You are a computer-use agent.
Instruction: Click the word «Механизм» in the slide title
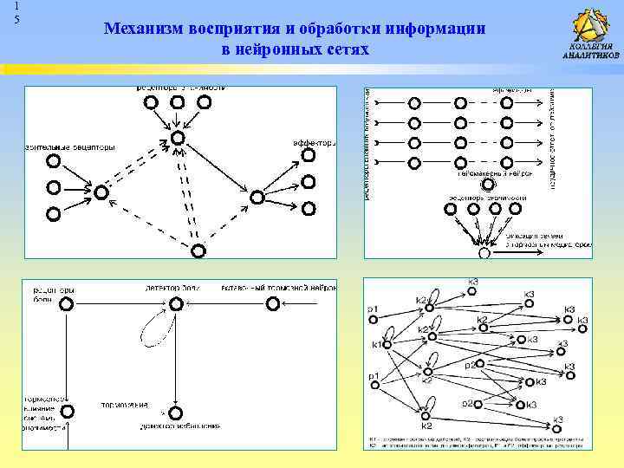pos(142,29)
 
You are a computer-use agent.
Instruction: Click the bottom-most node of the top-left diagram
pos(198,251)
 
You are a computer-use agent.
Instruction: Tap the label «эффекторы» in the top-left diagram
pos(314,143)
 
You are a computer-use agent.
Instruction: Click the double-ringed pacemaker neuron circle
pos(488,184)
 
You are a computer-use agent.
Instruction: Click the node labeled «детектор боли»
pos(177,303)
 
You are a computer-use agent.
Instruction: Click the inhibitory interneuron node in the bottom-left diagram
pos(274,303)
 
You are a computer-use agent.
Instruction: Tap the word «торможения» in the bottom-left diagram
pos(124,404)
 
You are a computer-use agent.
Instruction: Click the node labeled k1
pos(387,345)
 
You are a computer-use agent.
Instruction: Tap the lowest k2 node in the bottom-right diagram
pos(426,414)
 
